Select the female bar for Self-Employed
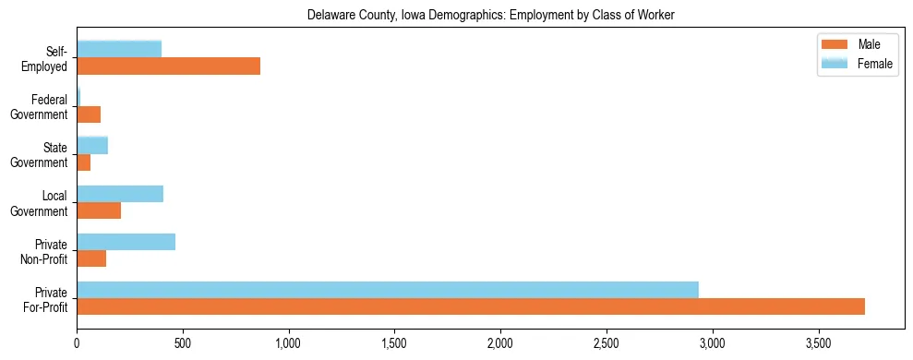pyautogui.click(x=119, y=49)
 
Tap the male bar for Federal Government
pyautogui.click(x=89, y=114)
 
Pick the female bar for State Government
pyautogui.click(x=92, y=145)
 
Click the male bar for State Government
pyautogui.click(x=83, y=162)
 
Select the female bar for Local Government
pyautogui.click(x=120, y=194)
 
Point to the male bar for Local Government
pyautogui.click(x=99, y=210)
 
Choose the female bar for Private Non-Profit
pyautogui.click(x=126, y=242)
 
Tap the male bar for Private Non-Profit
pyautogui.click(x=91, y=258)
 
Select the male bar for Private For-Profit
pyautogui.click(x=471, y=306)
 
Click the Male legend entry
pyautogui.click(x=856, y=44)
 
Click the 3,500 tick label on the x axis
pyautogui.click(x=818, y=342)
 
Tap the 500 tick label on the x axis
pyautogui.click(x=183, y=342)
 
